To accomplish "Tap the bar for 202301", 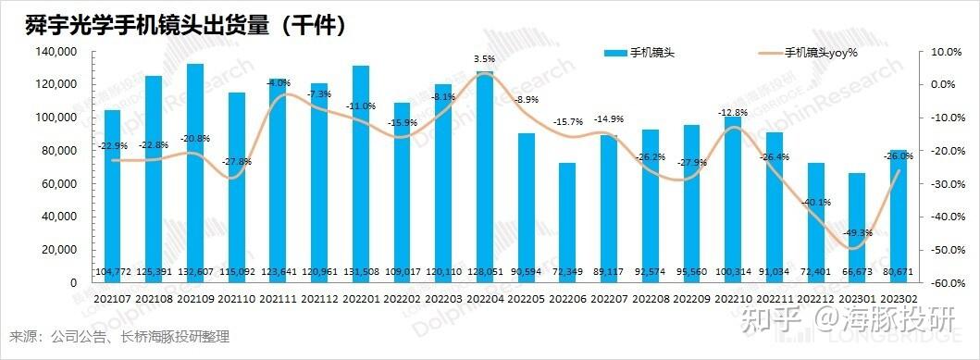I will pos(857,227).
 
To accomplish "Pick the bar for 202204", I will pos(485,176).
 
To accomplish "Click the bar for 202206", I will pos(567,222).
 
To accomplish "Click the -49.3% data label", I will pos(856,233).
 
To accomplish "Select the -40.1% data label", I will pos(816,202).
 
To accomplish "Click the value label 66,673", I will pos(857,271).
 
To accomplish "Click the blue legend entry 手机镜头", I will pos(639,53).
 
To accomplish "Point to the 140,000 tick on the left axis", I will pos(57,52).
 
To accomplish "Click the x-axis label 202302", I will pos(899,297).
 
